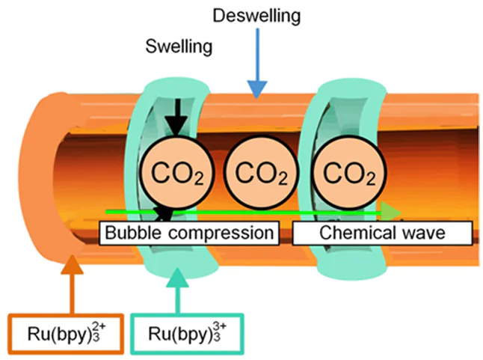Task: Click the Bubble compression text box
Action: click(189, 233)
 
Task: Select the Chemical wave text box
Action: click(382, 233)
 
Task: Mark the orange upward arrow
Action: click(71, 284)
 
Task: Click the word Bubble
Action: click(132, 233)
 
